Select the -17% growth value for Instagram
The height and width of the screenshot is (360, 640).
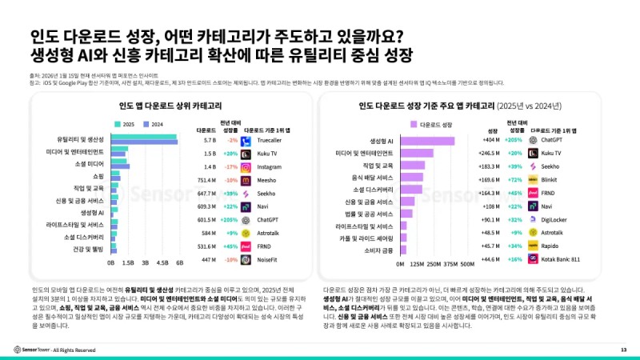point(231,166)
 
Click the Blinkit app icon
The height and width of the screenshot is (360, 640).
point(532,180)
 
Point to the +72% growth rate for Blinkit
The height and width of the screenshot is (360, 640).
point(515,180)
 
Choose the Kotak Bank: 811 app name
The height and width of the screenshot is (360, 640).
point(560,259)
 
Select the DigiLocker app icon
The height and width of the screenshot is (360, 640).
point(532,219)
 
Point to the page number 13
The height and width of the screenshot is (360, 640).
point(623,350)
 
